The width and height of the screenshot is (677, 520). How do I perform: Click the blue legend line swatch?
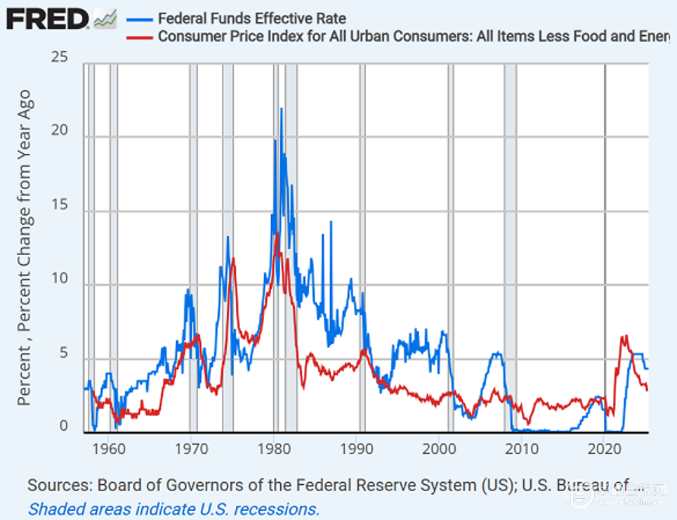pyautogui.click(x=138, y=19)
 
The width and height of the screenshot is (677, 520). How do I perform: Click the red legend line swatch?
pyautogui.click(x=138, y=37)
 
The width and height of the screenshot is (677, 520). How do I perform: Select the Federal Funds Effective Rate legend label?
pyautogui.click(x=252, y=19)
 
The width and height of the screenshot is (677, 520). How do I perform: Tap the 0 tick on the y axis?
pyautogui.click(x=64, y=427)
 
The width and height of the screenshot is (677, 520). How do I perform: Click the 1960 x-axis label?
pyautogui.click(x=107, y=448)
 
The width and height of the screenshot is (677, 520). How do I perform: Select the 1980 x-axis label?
pyautogui.click(x=273, y=448)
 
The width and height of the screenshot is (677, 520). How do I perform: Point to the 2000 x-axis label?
pyautogui.click(x=439, y=448)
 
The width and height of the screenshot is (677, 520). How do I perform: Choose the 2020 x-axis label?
pyautogui.click(x=605, y=448)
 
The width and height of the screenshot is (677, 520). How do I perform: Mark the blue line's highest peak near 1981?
pyautogui.click(x=282, y=109)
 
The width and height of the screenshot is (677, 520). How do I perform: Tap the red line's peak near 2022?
pyautogui.click(x=624, y=337)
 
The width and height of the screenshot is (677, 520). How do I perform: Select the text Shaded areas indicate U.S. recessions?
pyautogui.click(x=173, y=508)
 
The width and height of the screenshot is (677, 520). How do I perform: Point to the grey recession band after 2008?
pyautogui.click(x=511, y=246)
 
